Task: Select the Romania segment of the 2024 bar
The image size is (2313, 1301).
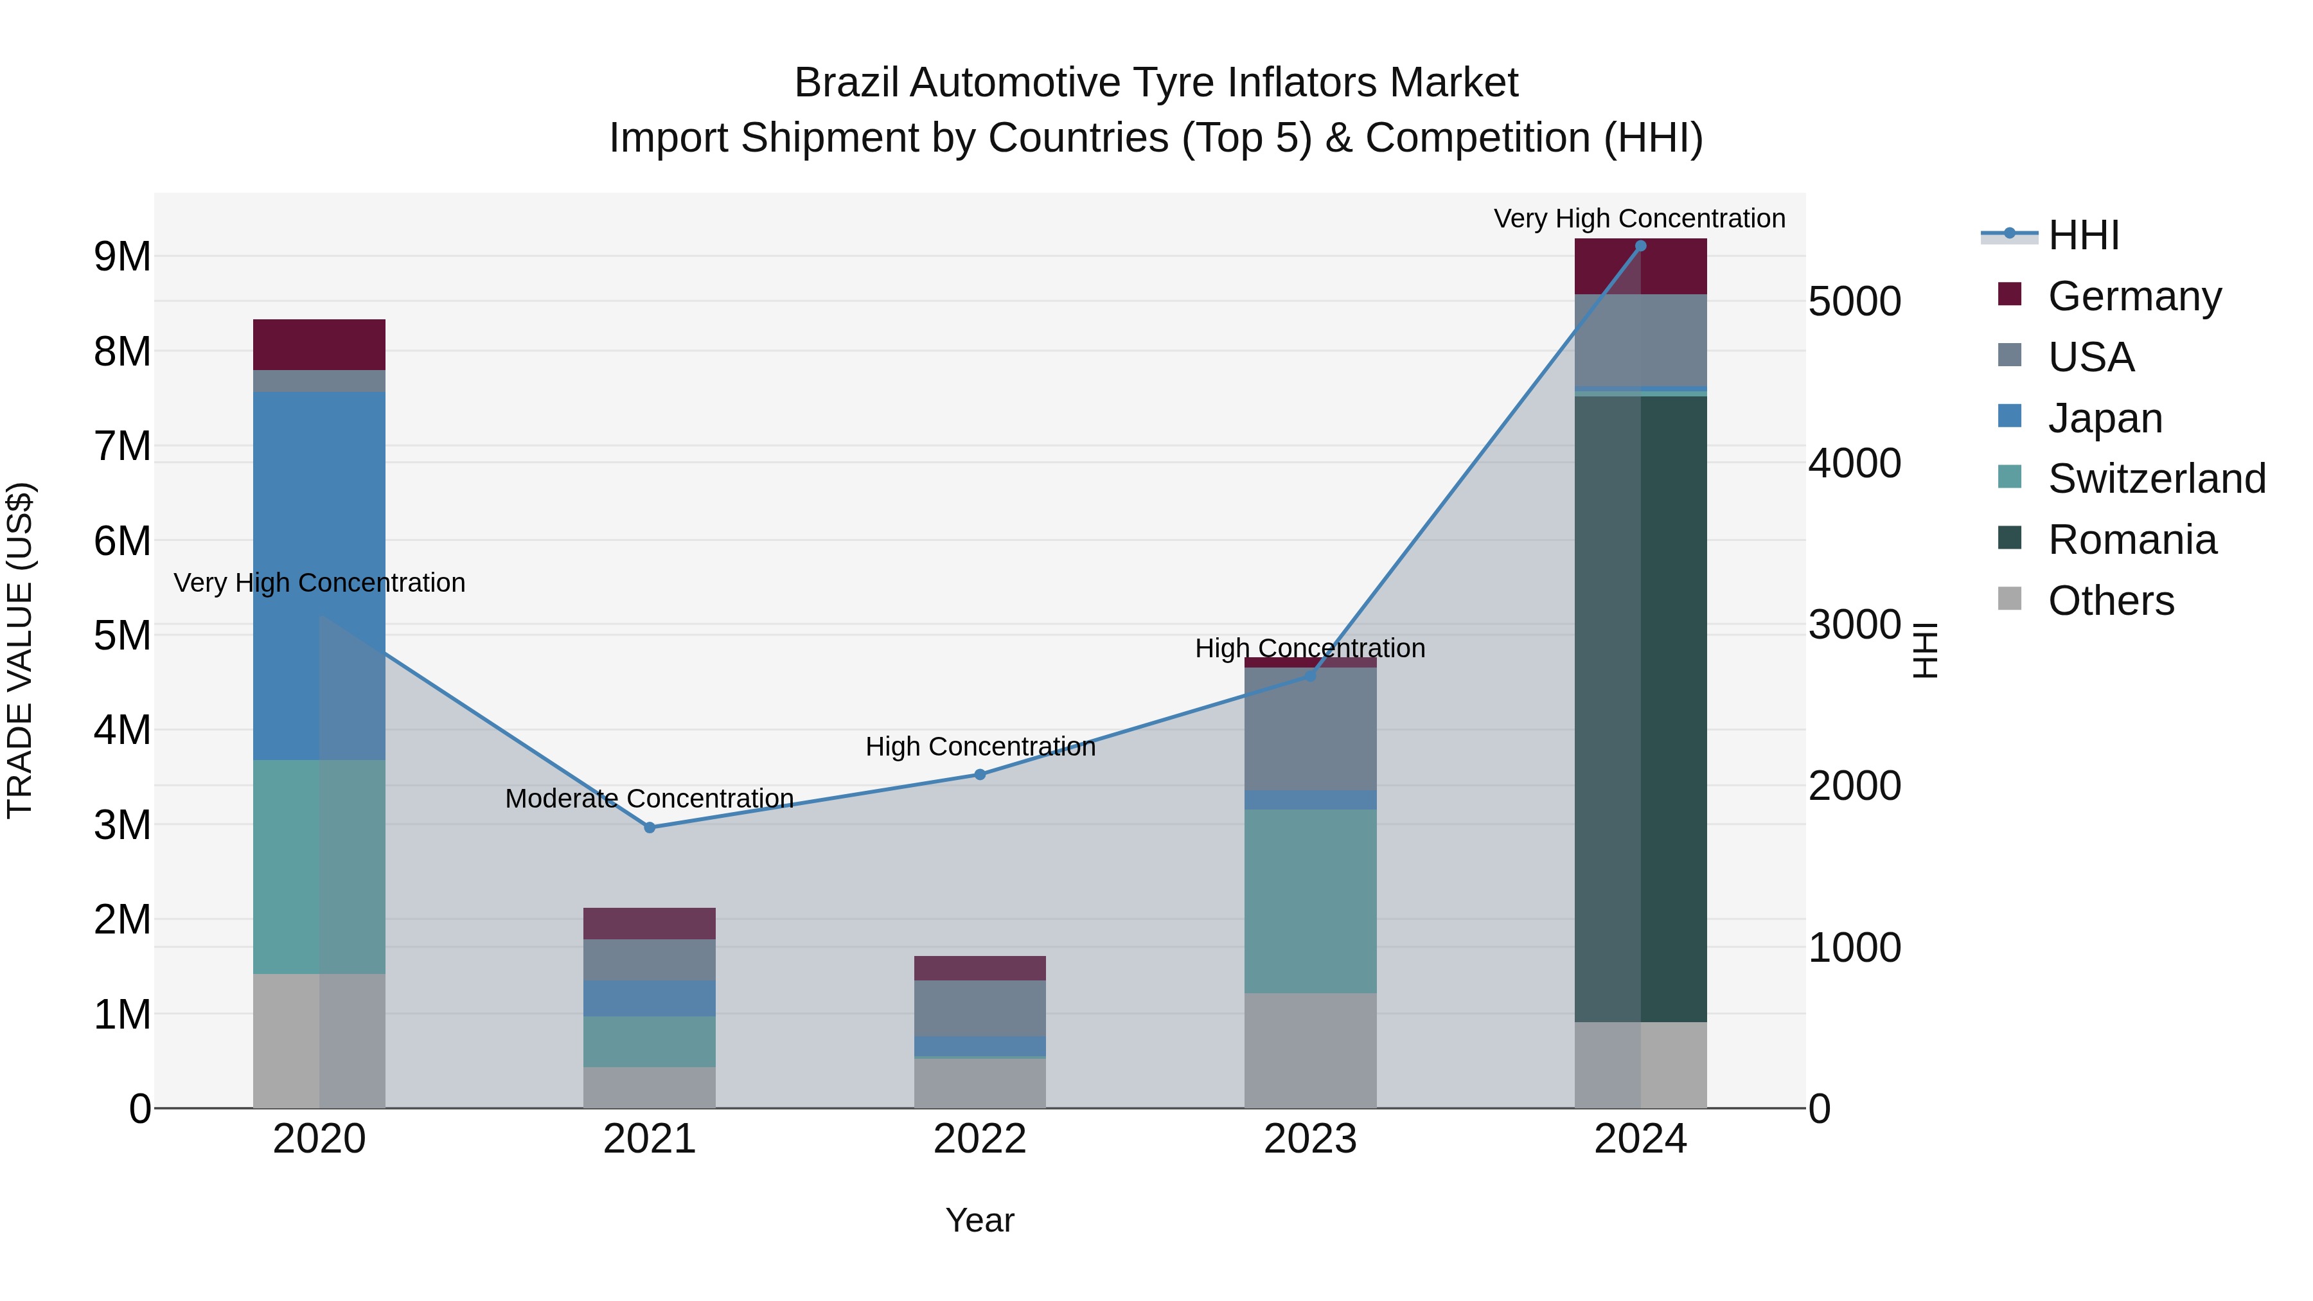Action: [x=1640, y=709]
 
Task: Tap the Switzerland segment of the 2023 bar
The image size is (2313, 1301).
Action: [x=1310, y=901]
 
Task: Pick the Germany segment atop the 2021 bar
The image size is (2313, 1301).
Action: [x=649, y=923]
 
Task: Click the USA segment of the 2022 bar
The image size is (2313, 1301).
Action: [x=980, y=1008]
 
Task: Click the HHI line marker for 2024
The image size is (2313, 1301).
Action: [x=1640, y=246]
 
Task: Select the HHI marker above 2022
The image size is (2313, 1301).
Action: [x=980, y=774]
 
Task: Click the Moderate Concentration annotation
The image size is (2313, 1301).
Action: [x=649, y=798]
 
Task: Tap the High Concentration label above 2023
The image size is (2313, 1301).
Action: [x=1309, y=648]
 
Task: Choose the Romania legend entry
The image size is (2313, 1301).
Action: [x=2132, y=540]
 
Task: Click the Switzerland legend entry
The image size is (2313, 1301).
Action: [x=2155, y=479]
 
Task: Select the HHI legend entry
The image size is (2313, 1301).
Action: [x=2083, y=235]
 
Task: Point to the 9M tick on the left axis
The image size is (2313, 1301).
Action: [x=122, y=257]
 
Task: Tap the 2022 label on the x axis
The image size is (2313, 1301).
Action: [x=980, y=1139]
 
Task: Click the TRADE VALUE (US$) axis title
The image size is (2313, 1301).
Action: [x=20, y=650]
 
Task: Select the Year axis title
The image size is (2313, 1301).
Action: [x=980, y=1220]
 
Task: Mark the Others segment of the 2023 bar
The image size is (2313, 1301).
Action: [x=1310, y=1050]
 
